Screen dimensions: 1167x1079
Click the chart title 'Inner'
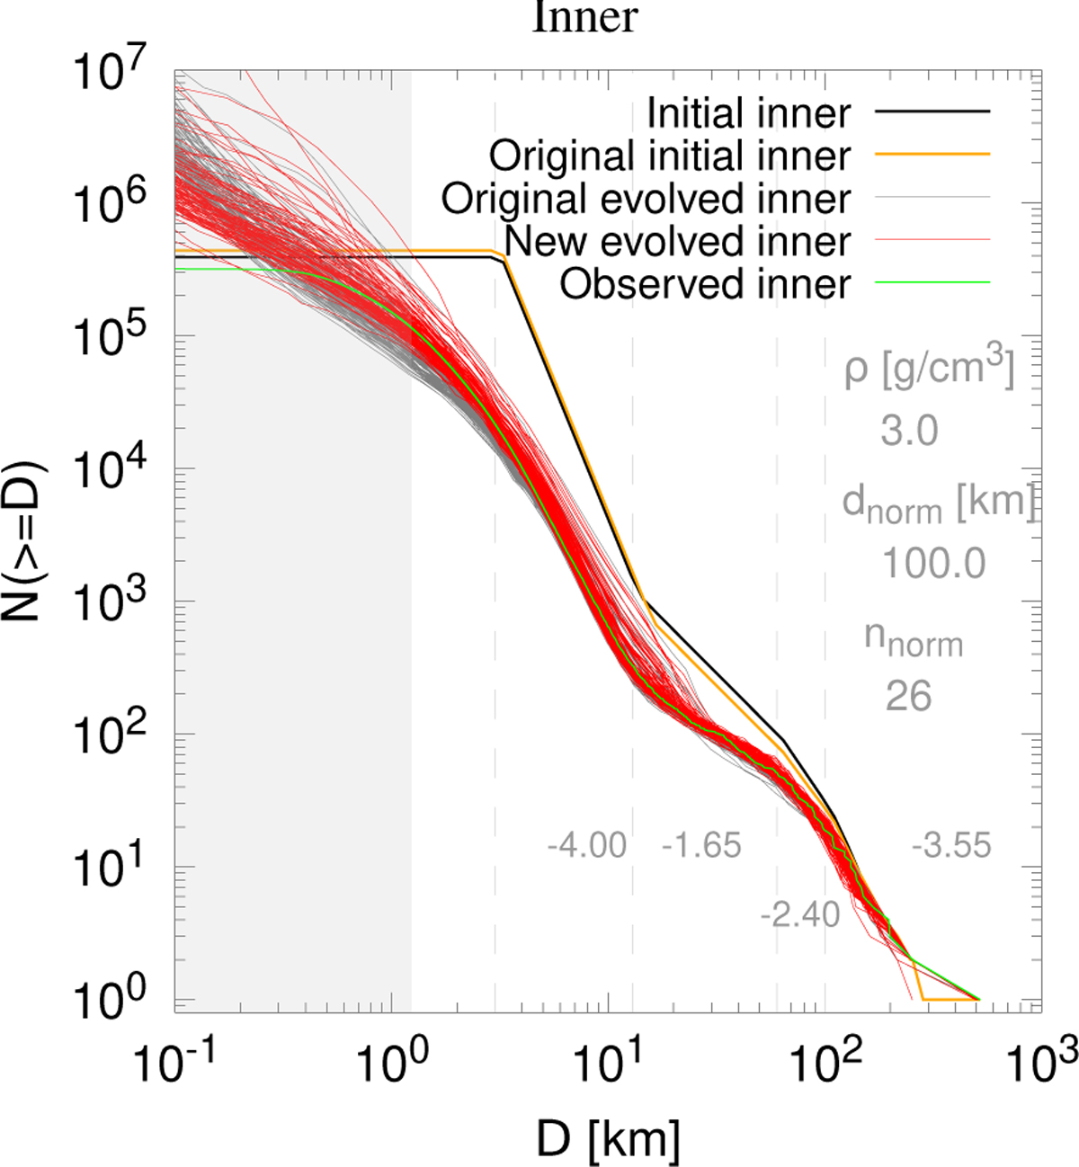click(x=584, y=18)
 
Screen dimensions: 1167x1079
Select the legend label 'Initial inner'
click(x=748, y=113)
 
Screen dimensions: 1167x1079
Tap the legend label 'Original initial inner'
click(x=669, y=156)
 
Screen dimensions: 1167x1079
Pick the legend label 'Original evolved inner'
click(x=645, y=199)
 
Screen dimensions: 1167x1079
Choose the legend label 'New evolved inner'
click(x=677, y=241)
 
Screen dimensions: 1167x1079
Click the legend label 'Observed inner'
click(x=705, y=284)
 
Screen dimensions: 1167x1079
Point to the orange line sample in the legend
click(x=932, y=155)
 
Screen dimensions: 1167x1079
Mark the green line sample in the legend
click(x=932, y=283)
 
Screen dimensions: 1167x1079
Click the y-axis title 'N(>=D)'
click(x=25, y=541)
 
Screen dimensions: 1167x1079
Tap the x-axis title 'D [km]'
click(x=608, y=1140)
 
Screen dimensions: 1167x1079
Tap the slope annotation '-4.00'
click(x=586, y=846)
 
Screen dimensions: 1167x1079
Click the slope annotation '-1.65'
click(x=701, y=846)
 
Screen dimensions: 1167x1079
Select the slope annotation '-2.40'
click(x=799, y=915)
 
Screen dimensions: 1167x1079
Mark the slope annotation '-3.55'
click(x=950, y=846)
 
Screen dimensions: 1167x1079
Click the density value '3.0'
click(x=909, y=432)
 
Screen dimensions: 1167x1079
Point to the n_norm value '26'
click(x=908, y=697)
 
